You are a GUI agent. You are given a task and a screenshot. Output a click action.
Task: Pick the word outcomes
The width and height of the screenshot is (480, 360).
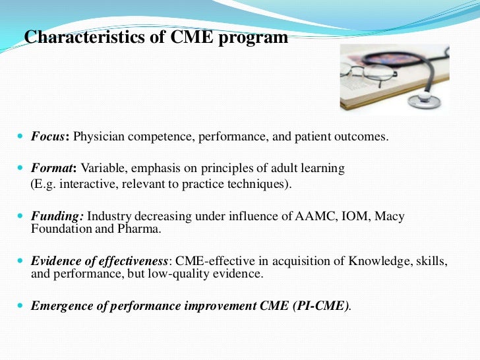coord(365,137)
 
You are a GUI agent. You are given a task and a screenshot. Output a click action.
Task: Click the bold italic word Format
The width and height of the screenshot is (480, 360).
coord(51,168)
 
